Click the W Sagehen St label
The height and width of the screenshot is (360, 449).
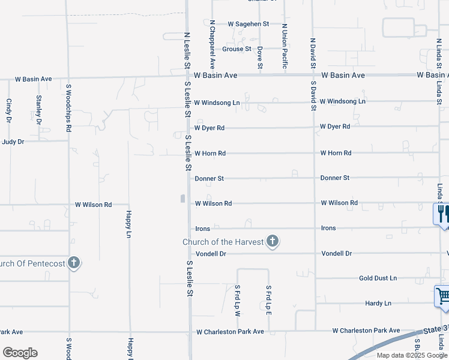tap(248, 24)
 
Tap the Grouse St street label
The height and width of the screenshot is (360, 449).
tap(237, 49)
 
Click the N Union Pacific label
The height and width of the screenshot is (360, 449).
tap(285, 46)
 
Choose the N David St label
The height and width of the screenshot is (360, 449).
tap(313, 55)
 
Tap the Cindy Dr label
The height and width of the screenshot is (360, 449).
tap(9, 110)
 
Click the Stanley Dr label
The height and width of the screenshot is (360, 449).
tap(39, 109)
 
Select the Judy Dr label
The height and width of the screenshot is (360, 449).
tap(13, 142)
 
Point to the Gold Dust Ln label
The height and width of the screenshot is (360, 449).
tap(378, 278)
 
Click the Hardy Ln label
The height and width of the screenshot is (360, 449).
tap(378, 304)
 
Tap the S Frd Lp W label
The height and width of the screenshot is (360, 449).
tap(238, 300)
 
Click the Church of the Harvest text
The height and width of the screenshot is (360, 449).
tap(223, 242)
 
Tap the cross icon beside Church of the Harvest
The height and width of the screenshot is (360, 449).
tap(273, 242)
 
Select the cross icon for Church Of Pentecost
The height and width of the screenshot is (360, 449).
tap(74, 263)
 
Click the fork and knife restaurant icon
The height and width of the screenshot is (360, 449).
tap(442, 213)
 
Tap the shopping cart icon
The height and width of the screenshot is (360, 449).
tap(442, 295)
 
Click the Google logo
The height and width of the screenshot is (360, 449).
tap(20, 353)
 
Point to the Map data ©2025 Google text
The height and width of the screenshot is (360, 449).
tap(411, 355)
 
